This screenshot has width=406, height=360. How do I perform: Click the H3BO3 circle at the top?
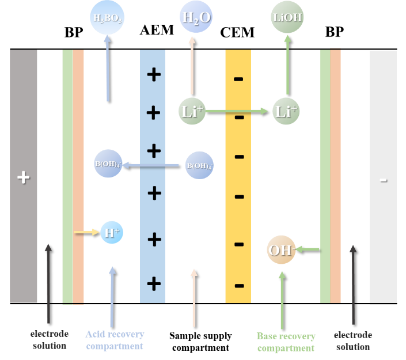tap(108, 18)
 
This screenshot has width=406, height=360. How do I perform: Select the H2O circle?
tap(195, 18)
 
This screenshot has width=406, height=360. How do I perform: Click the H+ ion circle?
tap(111, 233)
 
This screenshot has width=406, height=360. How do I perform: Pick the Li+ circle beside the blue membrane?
tap(192, 111)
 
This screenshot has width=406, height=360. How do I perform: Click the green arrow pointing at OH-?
tap(308, 249)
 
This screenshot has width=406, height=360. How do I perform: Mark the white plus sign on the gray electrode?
tap(23, 177)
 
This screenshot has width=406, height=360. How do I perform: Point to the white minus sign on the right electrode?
tap(384, 180)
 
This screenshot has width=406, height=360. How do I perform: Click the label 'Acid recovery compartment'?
tap(115, 340)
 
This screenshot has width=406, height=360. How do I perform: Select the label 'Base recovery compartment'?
tap(286, 342)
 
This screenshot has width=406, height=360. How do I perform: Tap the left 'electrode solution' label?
tap(50, 340)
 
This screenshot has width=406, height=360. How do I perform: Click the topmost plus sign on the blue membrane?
tap(153, 74)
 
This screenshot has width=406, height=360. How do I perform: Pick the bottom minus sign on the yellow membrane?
tap(238, 285)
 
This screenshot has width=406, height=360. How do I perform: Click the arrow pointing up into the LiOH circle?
tap(286, 63)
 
